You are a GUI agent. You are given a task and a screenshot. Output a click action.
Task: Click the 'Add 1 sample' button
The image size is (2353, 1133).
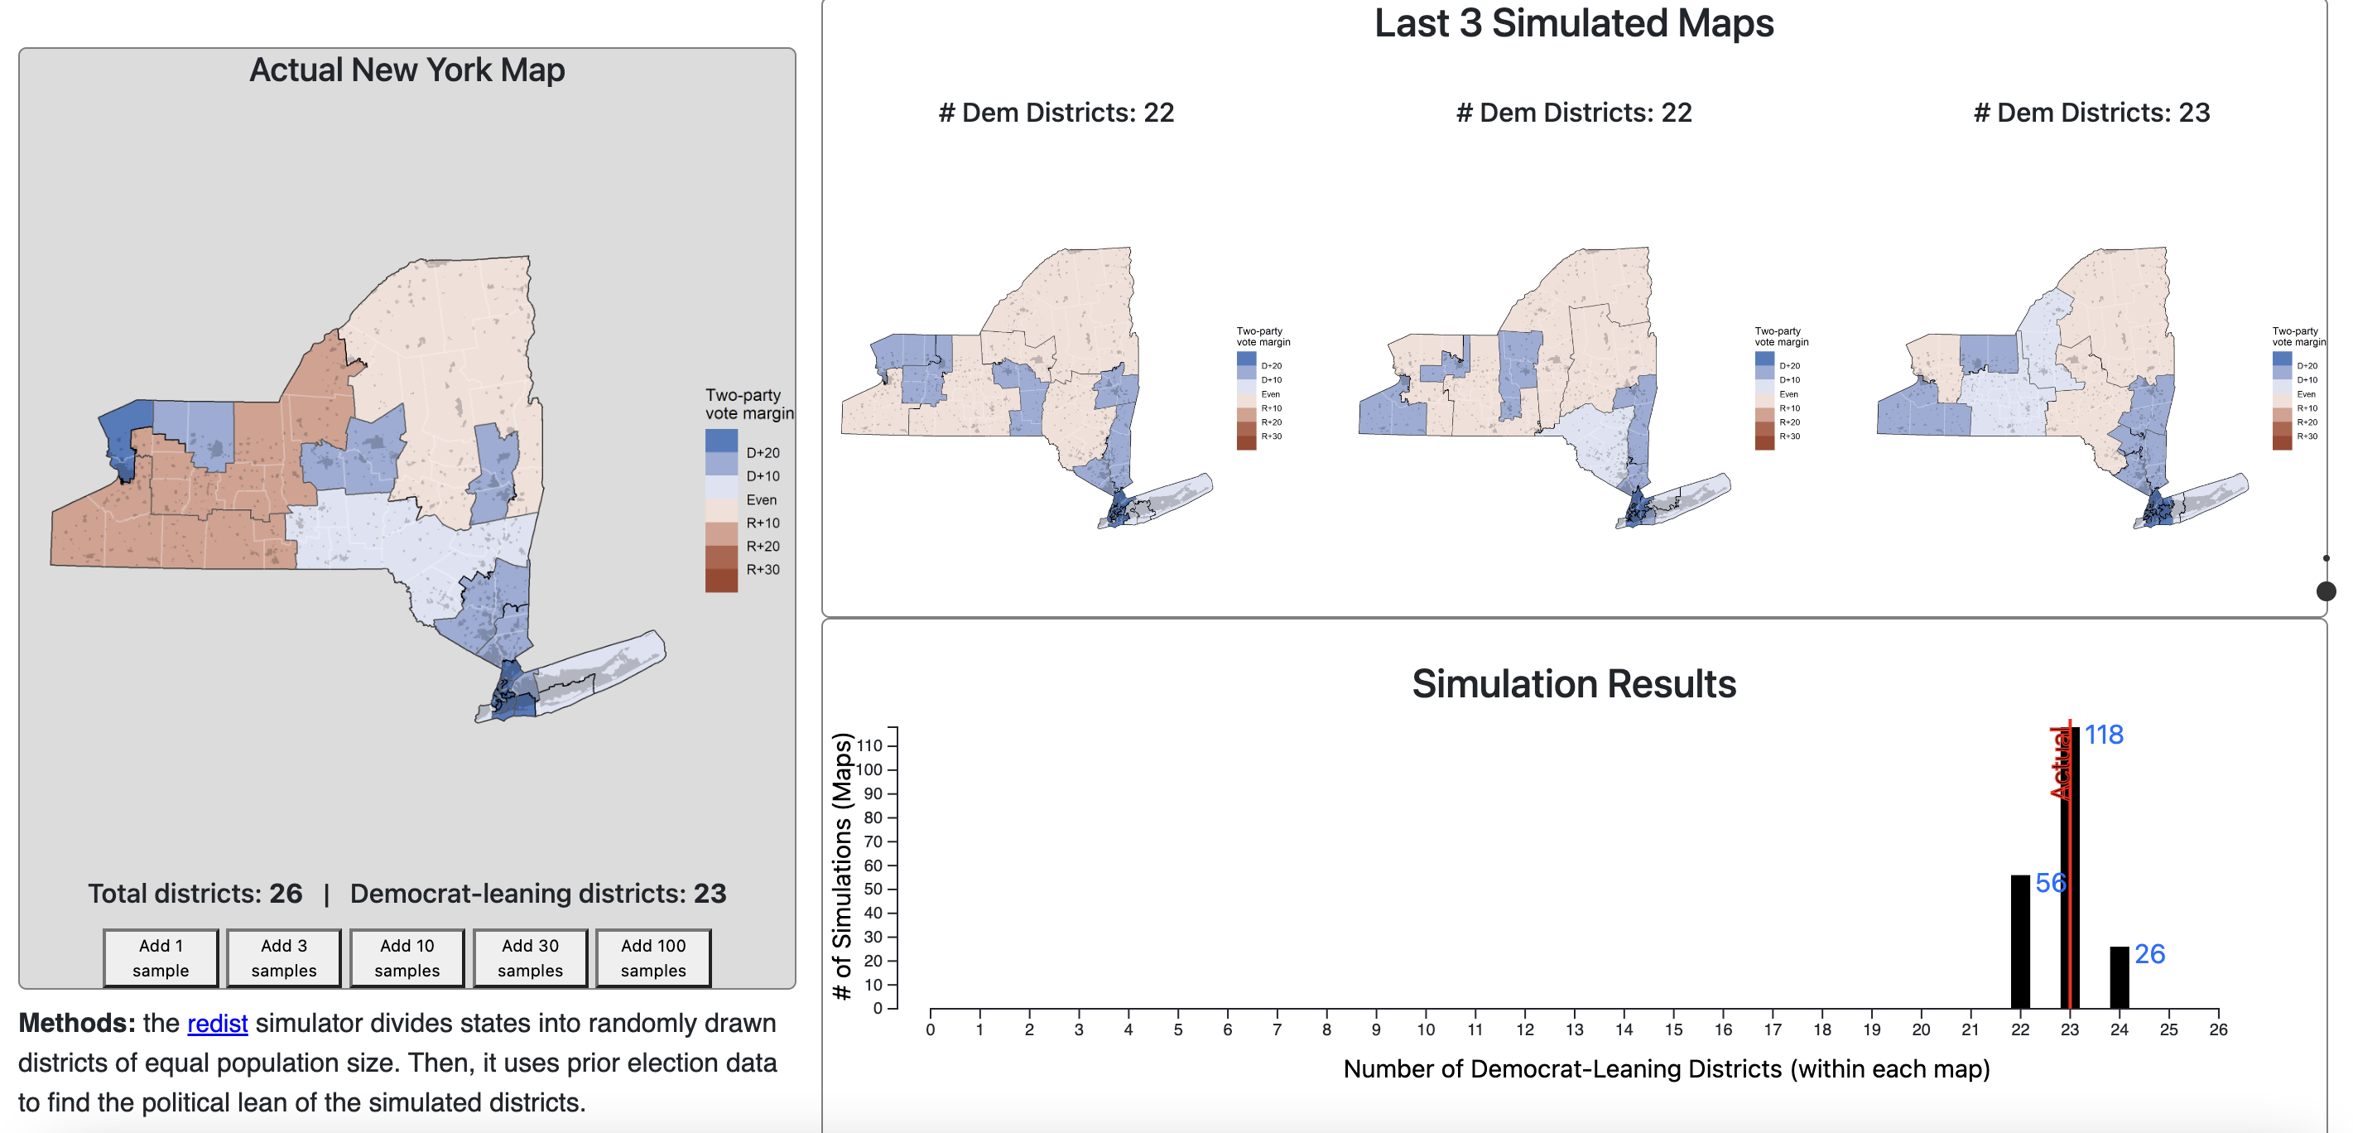click(x=161, y=957)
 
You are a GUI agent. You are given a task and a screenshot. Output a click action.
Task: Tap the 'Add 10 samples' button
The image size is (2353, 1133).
click(x=407, y=957)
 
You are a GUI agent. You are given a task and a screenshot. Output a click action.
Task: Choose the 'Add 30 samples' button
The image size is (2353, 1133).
click(x=530, y=957)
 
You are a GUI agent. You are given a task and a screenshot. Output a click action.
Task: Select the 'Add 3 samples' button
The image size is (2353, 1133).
click(x=284, y=957)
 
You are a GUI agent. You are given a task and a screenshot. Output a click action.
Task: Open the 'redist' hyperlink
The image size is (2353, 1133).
click(x=218, y=1024)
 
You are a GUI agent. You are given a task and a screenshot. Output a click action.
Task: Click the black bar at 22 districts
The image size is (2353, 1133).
click(x=2019, y=941)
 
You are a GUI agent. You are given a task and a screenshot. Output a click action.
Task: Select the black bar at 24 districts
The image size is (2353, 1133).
click(x=2118, y=976)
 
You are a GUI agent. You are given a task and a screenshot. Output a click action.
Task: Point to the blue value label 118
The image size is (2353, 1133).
click(x=2103, y=735)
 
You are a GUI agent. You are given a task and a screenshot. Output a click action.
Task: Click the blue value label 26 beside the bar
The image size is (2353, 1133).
click(x=2149, y=954)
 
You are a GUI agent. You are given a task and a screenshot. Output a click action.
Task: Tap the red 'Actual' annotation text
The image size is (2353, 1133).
click(x=2060, y=764)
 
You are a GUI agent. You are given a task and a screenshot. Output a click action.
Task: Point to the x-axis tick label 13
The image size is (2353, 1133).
click(x=1574, y=1029)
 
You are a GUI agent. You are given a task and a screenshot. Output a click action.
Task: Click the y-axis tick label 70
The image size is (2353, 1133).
click(x=873, y=841)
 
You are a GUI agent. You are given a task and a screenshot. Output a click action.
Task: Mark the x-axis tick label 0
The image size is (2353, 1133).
click(x=930, y=1029)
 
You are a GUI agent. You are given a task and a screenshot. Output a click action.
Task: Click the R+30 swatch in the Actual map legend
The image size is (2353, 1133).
click(x=720, y=581)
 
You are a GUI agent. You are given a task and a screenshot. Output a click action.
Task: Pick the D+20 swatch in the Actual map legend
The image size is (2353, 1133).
click(x=720, y=441)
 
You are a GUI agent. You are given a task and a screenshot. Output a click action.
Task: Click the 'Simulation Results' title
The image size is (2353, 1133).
click(x=1573, y=683)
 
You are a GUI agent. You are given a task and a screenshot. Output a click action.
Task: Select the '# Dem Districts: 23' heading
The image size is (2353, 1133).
click(x=2091, y=113)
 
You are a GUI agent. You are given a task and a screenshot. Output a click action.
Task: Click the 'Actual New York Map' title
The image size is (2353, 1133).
click(x=407, y=70)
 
